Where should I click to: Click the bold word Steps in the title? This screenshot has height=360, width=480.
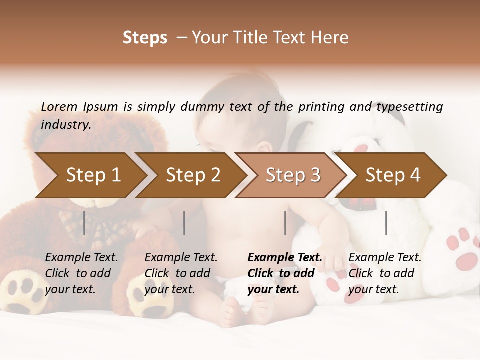point(145,38)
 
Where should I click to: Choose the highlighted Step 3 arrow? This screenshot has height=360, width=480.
point(293,175)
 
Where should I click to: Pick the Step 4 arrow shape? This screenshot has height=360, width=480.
point(393,175)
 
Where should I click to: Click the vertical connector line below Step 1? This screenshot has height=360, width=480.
point(84,223)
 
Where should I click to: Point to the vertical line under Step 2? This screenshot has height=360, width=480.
point(184,223)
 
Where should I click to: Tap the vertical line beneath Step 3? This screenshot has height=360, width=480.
point(285,223)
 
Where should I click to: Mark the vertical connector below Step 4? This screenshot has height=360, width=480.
point(386,223)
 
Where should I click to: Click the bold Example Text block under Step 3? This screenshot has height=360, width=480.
point(285,273)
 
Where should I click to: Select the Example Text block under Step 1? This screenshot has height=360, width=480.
point(81,273)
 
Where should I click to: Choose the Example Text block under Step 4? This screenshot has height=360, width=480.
point(385,273)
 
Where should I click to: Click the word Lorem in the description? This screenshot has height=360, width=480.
point(59,106)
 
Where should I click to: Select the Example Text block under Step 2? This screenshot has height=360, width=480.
point(181,273)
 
